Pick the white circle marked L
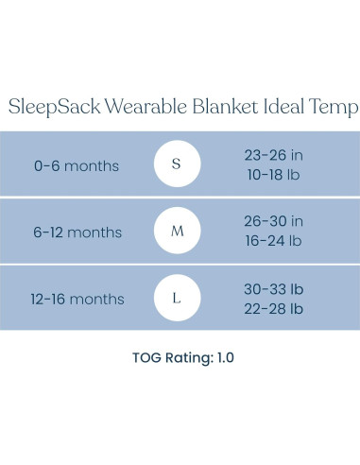click(177, 299)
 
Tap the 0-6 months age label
click(77, 165)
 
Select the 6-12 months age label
click(77, 232)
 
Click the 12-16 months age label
click(77, 300)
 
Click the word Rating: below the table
click(184, 358)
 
